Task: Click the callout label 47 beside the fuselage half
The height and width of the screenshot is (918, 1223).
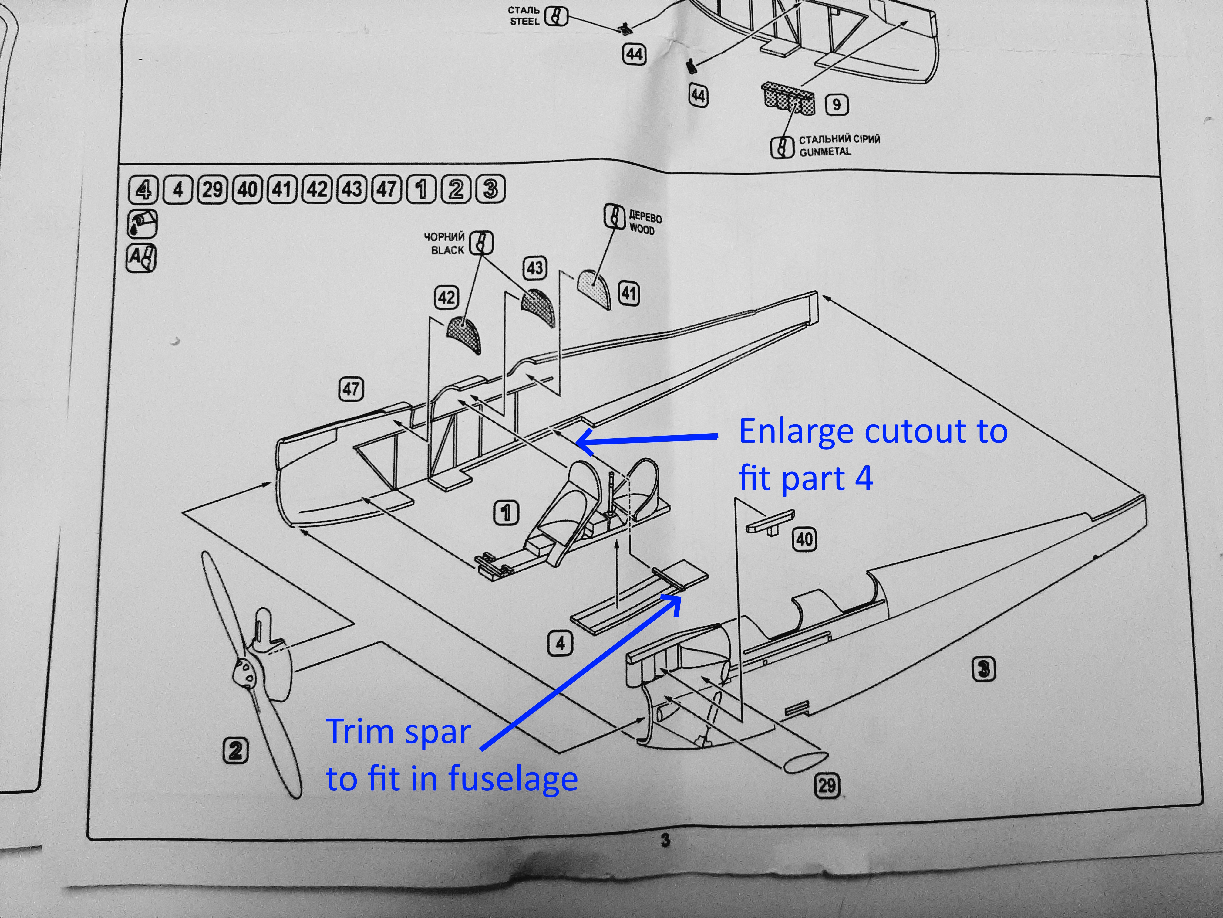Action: pyautogui.click(x=351, y=389)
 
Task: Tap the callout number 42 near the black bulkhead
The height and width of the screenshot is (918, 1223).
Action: pyautogui.click(x=447, y=298)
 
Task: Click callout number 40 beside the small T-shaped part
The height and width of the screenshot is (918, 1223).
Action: pyautogui.click(x=804, y=539)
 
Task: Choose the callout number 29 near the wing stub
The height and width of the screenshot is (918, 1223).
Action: pyautogui.click(x=827, y=786)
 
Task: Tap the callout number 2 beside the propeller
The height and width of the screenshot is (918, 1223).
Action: pyautogui.click(x=236, y=751)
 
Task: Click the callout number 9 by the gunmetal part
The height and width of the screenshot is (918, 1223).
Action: pyautogui.click(x=837, y=105)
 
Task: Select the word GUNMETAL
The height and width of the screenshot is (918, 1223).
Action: pyautogui.click(x=825, y=151)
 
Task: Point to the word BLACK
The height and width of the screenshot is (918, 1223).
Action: pyautogui.click(x=448, y=250)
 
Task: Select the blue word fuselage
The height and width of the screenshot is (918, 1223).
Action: pyautogui.click(x=513, y=779)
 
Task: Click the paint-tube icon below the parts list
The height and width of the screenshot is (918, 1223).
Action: pyautogui.click(x=143, y=223)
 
